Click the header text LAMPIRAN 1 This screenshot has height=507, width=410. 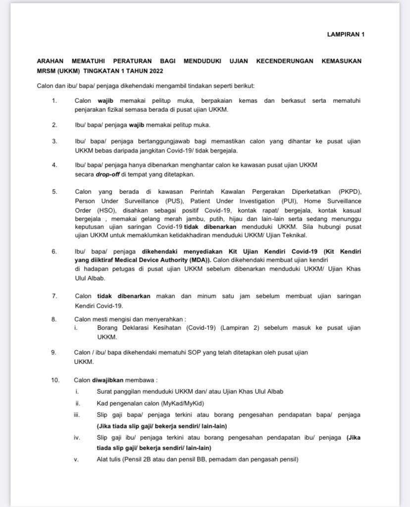coord(346,35)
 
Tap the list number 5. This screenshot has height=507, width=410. coord(54,191)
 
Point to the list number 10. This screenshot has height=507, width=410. coord(55,380)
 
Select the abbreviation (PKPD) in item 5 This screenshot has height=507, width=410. coord(350,191)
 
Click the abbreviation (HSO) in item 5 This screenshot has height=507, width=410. coord(100,210)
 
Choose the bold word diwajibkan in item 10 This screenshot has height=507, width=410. coord(108,380)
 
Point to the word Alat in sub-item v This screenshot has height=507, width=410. coord(102,460)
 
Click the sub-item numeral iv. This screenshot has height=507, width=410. coord(77,437)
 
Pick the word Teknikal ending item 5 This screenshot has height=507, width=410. coord(295,234)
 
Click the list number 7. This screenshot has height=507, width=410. coord(54,296)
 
